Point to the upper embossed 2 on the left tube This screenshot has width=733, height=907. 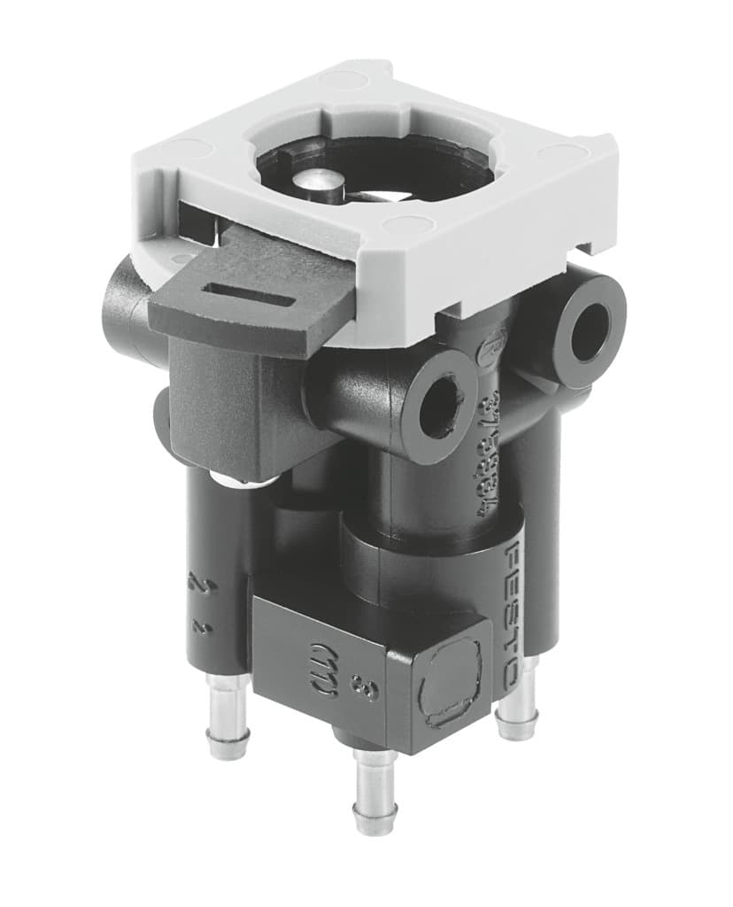pyautogui.click(x=197, y=585)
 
